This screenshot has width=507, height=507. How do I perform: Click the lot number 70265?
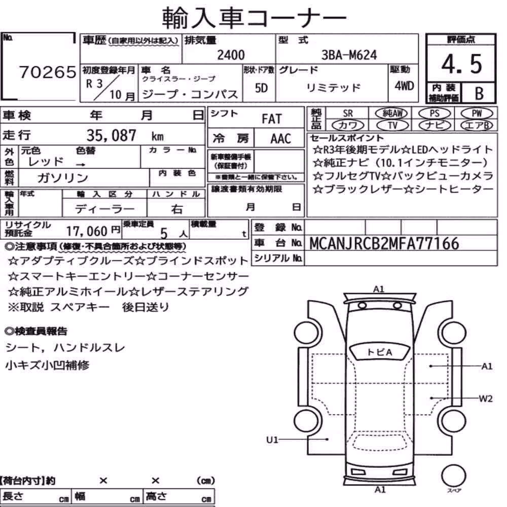48,72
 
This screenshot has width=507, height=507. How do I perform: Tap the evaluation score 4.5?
461,64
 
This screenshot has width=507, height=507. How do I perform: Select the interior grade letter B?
479,93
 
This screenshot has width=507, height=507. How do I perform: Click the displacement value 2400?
231,55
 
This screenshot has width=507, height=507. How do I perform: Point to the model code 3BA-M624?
349,55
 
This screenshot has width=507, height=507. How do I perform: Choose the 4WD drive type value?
404,86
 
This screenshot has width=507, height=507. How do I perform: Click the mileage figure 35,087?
111,135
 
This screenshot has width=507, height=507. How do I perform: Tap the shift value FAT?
272,119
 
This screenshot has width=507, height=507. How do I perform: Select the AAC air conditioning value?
281,139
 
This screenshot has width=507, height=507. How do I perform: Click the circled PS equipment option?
434,114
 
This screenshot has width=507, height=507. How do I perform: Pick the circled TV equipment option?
392,125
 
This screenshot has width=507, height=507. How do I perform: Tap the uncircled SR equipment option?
348,114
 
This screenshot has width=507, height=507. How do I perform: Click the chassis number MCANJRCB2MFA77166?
384,243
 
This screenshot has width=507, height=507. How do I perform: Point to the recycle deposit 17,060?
87,231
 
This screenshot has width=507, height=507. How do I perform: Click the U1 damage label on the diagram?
272,440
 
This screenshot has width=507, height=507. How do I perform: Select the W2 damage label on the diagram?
486,399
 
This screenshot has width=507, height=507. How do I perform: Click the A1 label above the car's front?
379,289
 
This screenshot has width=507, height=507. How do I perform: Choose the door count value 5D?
261,88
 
